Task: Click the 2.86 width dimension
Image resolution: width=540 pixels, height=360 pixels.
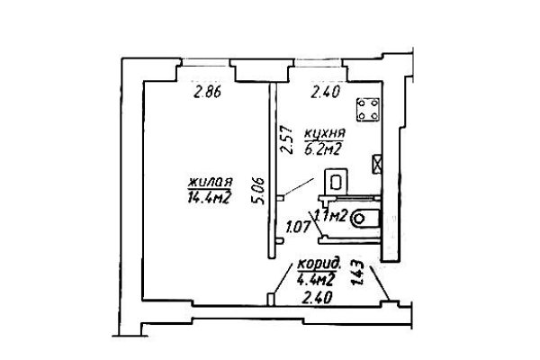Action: tap(207, 93)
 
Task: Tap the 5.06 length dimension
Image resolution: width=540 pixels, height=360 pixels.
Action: tap(259, 191)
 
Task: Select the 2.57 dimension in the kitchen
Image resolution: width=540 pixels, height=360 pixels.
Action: tap(286, 139)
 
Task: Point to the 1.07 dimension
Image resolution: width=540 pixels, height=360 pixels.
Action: tap(298, 228)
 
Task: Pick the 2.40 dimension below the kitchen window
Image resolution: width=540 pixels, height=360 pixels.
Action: tap(326, 93)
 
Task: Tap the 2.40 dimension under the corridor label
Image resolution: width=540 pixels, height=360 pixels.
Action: tap(317, 297)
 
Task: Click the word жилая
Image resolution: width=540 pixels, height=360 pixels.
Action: tap(210, 182)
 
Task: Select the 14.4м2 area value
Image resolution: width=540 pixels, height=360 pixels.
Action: tap(209, 197)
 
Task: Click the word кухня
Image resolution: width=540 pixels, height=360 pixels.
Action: tap(324, 133)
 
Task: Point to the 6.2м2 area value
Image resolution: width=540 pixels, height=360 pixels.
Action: tap(323, 148)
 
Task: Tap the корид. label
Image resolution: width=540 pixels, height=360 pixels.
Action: tap(319, 265)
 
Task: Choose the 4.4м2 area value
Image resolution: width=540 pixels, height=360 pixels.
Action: tap(316, 280)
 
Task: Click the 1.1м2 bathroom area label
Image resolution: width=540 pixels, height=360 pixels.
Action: tap(330, 216)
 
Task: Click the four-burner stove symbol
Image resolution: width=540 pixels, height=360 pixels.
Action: tap(368, 110)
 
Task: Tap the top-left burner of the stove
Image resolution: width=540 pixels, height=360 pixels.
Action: tap(362, 103)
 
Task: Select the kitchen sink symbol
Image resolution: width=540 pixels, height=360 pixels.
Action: tap(336, 182)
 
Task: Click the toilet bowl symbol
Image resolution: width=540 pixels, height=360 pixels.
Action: tap(364, 219)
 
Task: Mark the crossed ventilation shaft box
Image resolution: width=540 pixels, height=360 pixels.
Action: tap(376, 164)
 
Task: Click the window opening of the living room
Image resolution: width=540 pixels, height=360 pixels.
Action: tap(205, 63)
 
